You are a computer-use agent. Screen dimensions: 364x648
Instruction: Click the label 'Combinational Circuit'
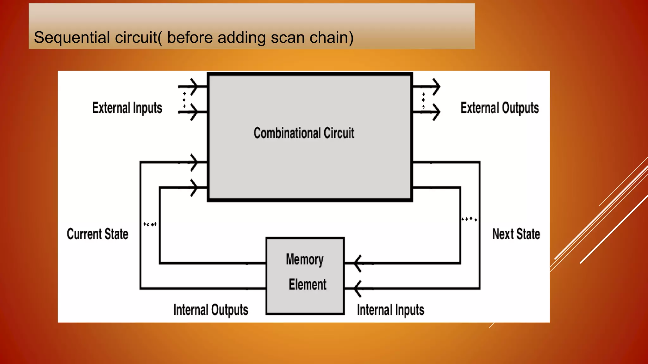coord(304,133)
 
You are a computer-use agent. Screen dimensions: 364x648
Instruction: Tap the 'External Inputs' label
coord(127,108)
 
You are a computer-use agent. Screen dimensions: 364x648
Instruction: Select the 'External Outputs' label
coord(499,108)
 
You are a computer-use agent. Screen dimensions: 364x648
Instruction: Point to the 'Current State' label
coord(97,234)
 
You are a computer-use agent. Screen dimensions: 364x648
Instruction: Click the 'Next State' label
coord(516,234)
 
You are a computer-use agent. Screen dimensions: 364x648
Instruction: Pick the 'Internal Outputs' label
coord(210,310)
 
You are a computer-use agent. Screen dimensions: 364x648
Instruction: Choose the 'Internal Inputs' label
coord(390,310)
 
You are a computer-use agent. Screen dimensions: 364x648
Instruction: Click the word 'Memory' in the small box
coord(305,259)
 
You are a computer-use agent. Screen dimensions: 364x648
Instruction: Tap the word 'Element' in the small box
coord(307,284)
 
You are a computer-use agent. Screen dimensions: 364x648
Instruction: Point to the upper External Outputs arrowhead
coord(436,86)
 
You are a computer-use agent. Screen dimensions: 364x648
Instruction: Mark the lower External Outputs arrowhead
coord(436,112)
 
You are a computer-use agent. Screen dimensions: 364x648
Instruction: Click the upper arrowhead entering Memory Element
coord(358,263)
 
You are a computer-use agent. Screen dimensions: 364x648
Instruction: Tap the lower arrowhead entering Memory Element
coord(358,288)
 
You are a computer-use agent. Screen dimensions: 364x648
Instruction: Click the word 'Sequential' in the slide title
coord(72,37)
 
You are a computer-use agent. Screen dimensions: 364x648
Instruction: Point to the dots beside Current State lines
coord(150,224)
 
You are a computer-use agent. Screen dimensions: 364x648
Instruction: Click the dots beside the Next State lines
coord(469,219)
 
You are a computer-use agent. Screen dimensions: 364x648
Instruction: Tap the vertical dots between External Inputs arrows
coord(184,100)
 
